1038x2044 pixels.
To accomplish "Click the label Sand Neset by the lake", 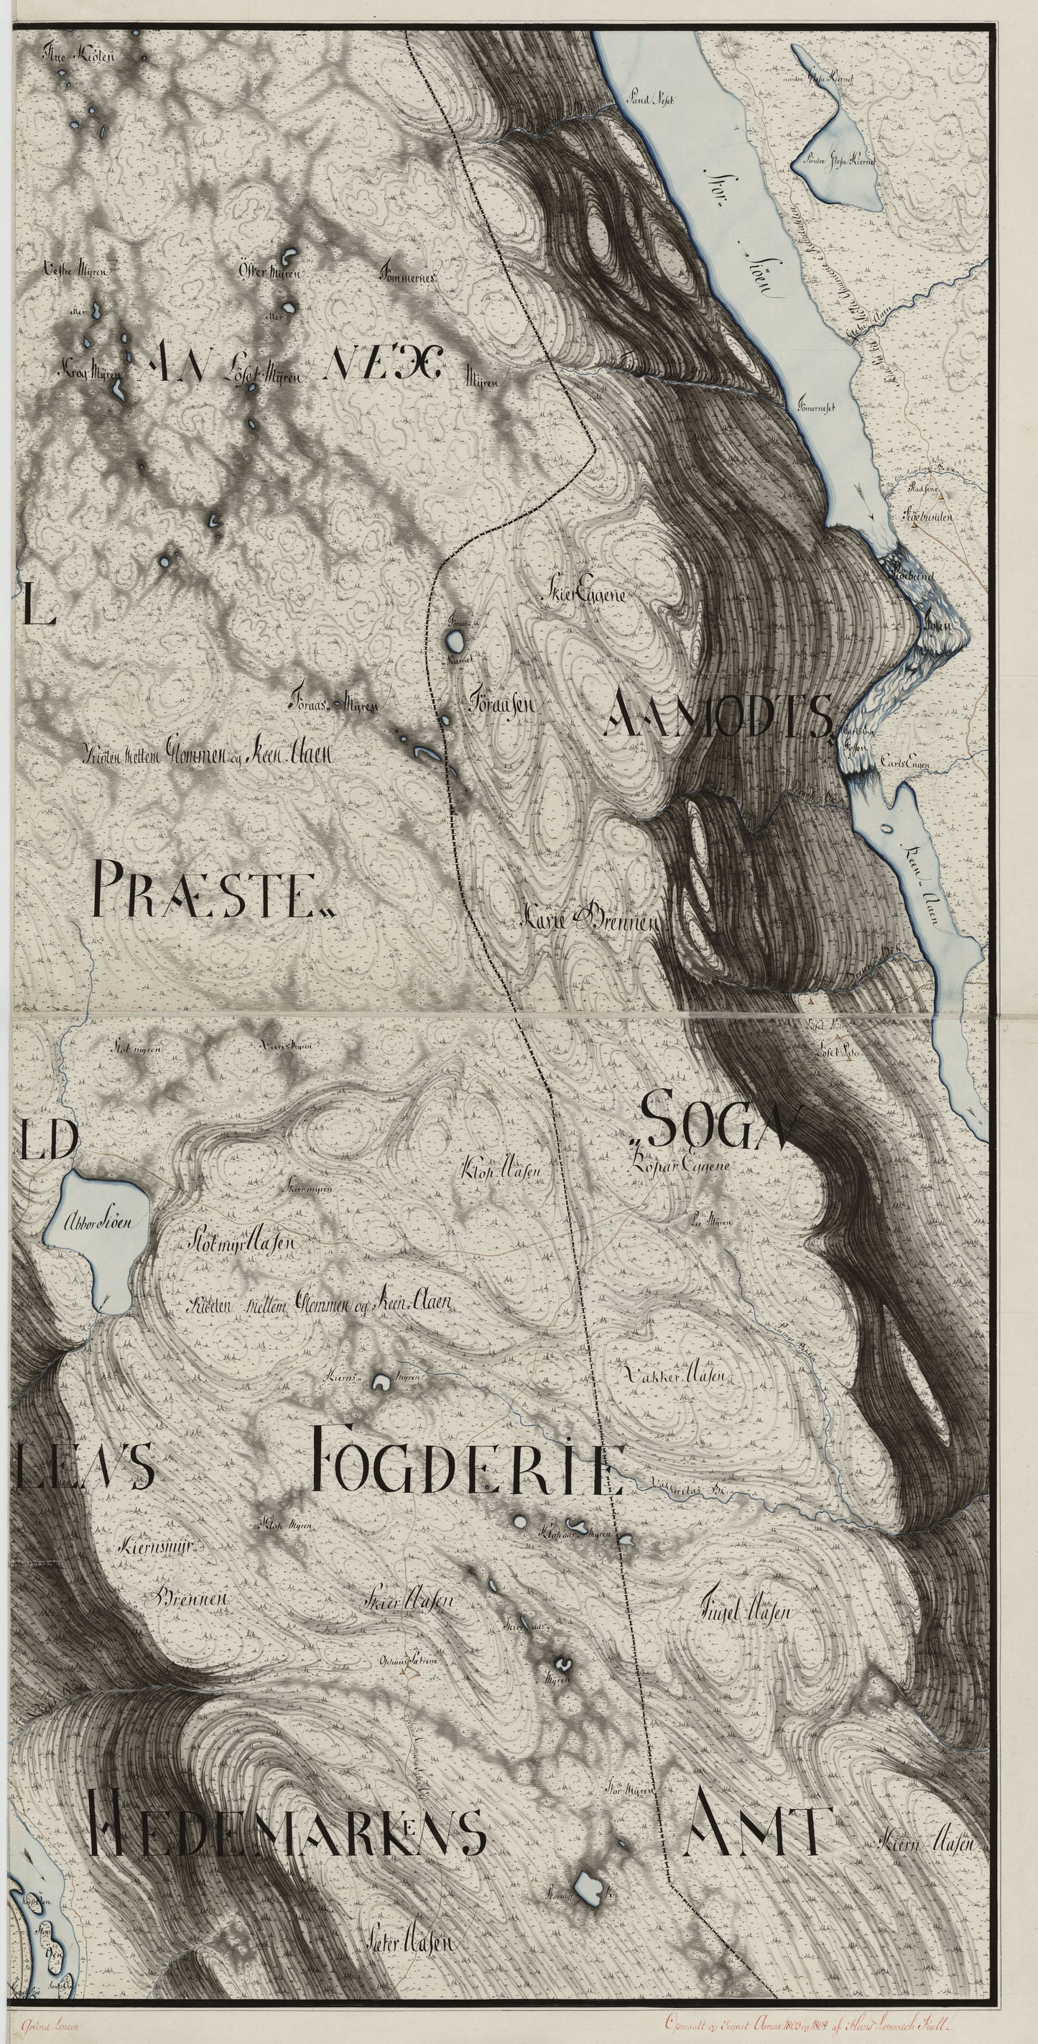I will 649,101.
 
